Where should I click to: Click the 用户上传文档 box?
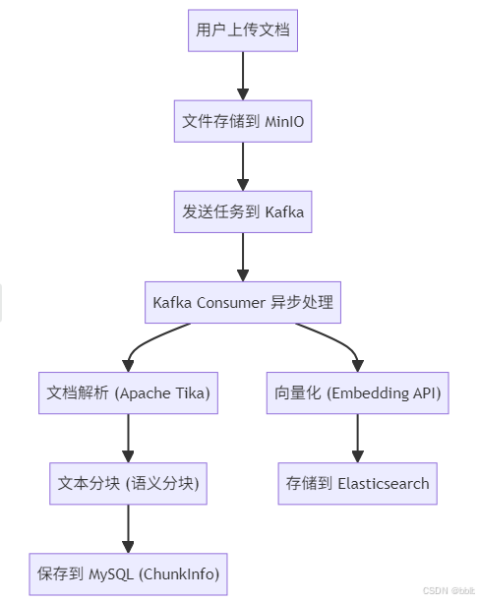pyautogui.click(x=243, y=30)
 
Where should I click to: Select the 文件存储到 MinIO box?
pyautogui.click(x=243, y=121)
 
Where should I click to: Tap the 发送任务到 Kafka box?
pyautogui.click(x=243, y=211)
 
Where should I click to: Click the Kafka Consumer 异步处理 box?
pyautogui.click(x=243, y=302)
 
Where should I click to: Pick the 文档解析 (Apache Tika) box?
pyautogui.click(x=128, y=393)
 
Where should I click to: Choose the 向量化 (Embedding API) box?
pyautogui.click(x=357, y=393)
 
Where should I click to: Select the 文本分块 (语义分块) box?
pyautogui.click(x=128, y=483)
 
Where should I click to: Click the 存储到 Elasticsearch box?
pyautogui.click(x=357, y=483)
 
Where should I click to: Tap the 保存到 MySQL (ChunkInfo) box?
pyautogui.click(x=128, y=573)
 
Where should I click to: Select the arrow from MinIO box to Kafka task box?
pyautogui.click(x=243, y=166)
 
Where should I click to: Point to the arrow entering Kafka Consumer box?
pyautogui.click(x=243, y=257)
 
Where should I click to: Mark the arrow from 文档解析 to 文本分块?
pyautogui.click(x=128, y=438)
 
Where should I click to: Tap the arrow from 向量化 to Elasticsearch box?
pyautogui.click(x=357, y=438)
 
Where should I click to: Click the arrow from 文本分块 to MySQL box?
pyautogui.click(x=128, y=528)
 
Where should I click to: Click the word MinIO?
pyautogui.click(x=282, y=121)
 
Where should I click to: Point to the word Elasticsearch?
pyautogui.click(x=383, y=483)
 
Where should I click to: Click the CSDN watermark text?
pyautogui.click(x=449, y=591)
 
